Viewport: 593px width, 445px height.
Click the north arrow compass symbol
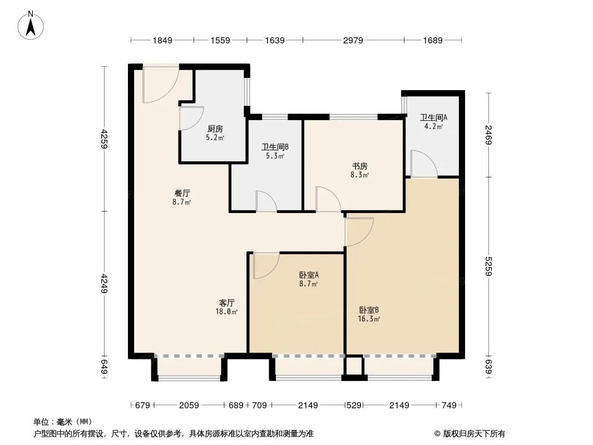tap(31, 26)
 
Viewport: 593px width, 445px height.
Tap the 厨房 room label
tap(215, 129)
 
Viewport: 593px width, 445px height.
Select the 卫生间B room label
tap(275, 147)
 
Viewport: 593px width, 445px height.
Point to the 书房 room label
tap(360, 166)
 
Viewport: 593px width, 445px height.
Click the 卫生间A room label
tap(433, 117)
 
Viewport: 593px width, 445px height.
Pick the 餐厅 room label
tap(182, 193)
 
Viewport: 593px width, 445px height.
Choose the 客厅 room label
tap(226, 303)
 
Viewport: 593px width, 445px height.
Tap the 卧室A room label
tap(309, 275)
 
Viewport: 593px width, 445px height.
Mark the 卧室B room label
tap(369, 310)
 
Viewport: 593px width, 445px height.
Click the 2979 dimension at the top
tap(353, 40)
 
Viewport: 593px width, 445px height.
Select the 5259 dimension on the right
tap(488, 266)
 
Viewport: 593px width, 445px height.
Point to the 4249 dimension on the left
tap(104, 283)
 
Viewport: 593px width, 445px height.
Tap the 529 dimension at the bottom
tap(354, 406)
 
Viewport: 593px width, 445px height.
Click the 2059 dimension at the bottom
tap(189, 406)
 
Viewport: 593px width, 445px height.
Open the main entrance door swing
tap(161, 85)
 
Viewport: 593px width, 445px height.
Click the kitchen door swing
tap(191, 118)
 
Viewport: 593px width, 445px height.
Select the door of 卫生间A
tap(424, 164)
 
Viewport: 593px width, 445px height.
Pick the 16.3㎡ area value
tap(369, 319)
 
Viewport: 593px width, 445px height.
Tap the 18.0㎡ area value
tap(226, 312)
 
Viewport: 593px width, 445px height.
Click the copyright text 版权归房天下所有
tap(474, 434)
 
